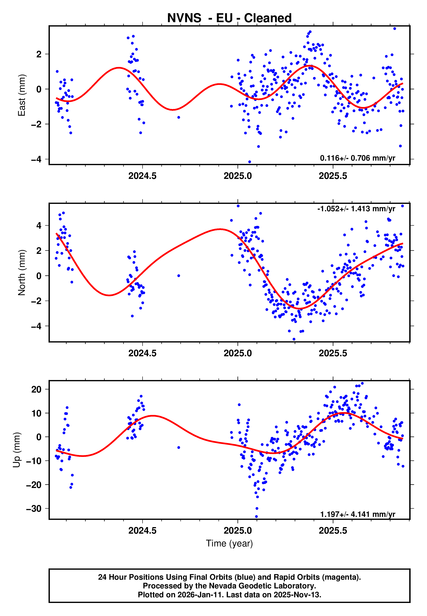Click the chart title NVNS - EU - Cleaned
point(229,18)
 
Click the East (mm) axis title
point(22,95)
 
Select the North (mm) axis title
point(22,273)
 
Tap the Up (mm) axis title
point(17,450)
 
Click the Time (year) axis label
point(229,543)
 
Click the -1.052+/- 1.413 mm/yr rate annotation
point(356,209)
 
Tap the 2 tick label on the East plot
point(39,54)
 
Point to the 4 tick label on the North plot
point(39,225)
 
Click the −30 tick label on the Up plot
point(34,509)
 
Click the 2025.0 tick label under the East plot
point(238,176)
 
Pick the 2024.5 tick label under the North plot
point(142,353)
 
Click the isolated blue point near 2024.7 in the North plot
point(179,276)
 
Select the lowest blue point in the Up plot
point(256,517)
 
